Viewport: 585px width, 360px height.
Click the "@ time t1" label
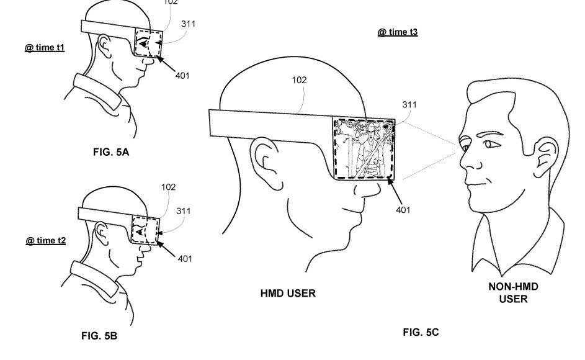[45, 48]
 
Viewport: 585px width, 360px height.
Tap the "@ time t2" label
[45, 240]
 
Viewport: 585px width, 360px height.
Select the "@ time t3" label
[398, 32]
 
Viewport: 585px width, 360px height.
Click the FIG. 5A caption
[111, 152]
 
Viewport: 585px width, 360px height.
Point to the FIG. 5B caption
[99, 336]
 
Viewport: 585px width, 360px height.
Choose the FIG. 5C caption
[421, 332]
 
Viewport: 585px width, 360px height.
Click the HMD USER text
[288, 294]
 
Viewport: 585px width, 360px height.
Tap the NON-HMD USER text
[514, 293]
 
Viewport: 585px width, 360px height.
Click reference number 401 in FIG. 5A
[182, 76]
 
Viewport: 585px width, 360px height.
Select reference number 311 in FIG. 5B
[184, 211]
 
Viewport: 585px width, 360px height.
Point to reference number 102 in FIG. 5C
[299, 80]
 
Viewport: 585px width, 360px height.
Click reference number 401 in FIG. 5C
[403, 210]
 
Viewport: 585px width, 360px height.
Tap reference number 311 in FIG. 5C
[409, 104]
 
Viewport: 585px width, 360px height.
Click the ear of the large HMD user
[266, 158]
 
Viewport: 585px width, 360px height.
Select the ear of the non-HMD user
[547, 157]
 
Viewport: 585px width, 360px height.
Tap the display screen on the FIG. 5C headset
[364, 148]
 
